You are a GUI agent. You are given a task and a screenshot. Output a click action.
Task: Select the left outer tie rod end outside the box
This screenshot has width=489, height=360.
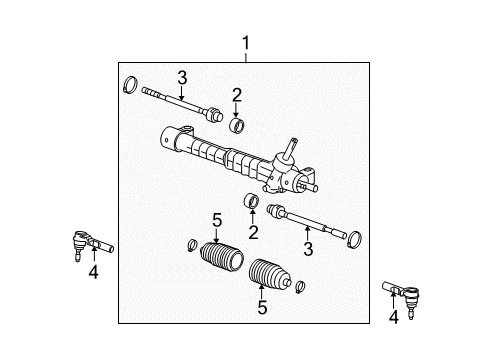[90, 243]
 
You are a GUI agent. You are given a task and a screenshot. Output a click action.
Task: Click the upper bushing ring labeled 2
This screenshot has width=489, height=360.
[237, 125]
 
